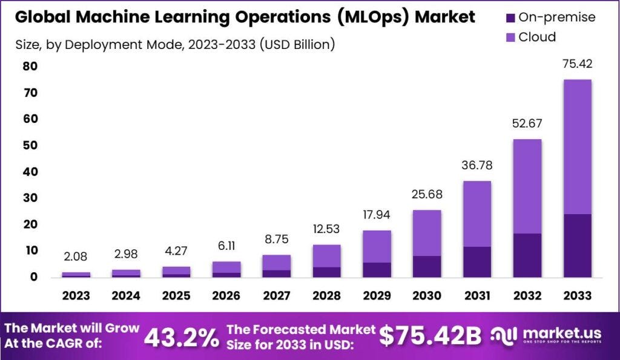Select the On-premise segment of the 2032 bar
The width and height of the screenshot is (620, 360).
point(527,255)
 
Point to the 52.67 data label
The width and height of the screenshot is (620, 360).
point(527,124)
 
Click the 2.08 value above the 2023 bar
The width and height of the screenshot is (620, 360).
point(76,257)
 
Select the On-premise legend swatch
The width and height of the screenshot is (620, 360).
point(511,18)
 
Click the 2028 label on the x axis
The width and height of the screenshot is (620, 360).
point(326,295)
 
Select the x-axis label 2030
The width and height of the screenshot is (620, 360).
point(427,295)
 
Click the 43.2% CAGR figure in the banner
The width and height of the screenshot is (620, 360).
point(181,338)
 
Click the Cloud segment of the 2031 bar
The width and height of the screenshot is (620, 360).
point(477,214)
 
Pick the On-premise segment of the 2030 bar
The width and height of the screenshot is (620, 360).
point(427,266)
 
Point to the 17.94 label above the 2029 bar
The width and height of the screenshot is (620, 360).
point(377,215)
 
